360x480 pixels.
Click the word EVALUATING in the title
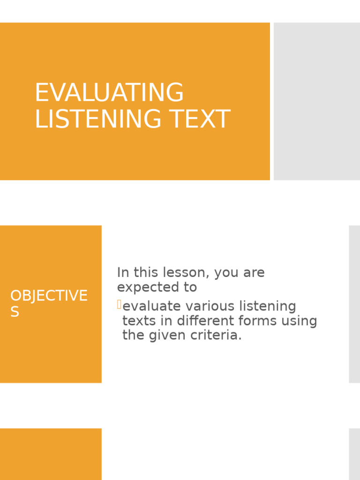(x=109, y=93)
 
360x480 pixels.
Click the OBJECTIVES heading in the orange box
(x=49, y=296)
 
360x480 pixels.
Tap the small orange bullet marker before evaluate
(x=119, y=306)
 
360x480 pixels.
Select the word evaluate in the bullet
(x=152, y=307)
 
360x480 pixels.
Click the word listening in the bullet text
(x=269, y=307)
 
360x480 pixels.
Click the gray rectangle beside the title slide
(x=317, y=101)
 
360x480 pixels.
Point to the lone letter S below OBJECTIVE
(x=15, y=312)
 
